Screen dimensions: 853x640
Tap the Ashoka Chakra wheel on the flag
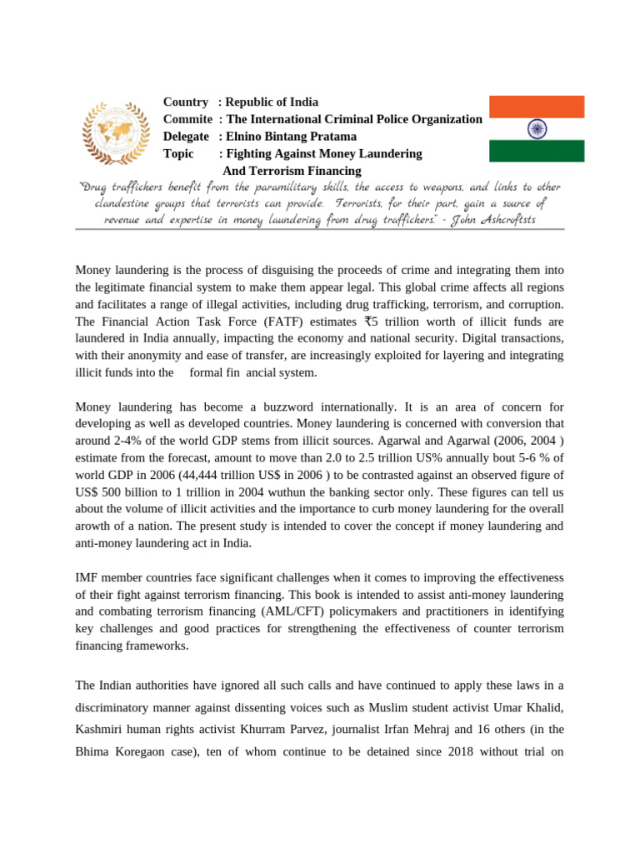[x=536, y=128]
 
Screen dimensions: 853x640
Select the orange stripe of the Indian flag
[x=536, y=107]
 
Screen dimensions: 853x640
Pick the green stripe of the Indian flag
[x=536, y=151]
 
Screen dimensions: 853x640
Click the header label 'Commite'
[x=187, y=119]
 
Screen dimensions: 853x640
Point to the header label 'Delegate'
[x=187, y=137]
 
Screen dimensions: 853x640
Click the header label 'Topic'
[x=178, y=154]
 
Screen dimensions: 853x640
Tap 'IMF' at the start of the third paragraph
[x=87, y=578]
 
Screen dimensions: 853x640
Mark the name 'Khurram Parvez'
[x=281, y=730]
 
